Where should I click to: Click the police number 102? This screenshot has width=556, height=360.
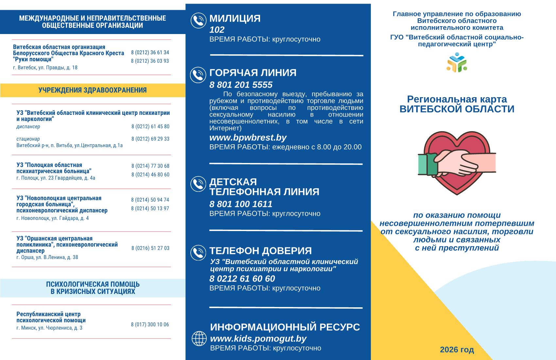click(x=217, y=30)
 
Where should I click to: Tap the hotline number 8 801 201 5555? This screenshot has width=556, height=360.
click(x=241, y=85)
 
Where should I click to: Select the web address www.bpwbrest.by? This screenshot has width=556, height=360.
click(x=248, y=137)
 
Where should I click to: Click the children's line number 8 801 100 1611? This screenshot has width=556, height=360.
click(x=241, y=204)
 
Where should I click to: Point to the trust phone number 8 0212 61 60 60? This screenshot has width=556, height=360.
click(x=242, y=279)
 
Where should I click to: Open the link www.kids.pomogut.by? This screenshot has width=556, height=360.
click(x=258, y=338)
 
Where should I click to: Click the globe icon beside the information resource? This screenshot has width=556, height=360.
click(x=199, y=338)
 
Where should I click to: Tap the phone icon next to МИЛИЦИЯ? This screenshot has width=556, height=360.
click(x=198, y=21)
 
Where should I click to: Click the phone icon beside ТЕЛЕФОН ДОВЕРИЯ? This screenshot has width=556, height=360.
click(x=198, y=253)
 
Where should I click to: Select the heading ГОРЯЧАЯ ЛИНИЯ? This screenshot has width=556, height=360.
click(x=253, y=73)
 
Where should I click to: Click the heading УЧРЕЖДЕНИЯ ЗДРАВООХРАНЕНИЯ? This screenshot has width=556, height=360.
click(x=93, y=90)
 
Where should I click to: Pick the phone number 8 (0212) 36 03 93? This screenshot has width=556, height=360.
click(x=150, y=61)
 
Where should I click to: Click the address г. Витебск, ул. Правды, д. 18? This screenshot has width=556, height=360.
click(x=45, y=68)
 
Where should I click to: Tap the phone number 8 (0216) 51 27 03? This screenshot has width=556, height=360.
click(x=150, y=248)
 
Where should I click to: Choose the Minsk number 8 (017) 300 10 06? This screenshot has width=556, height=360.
click(x=150, y=325)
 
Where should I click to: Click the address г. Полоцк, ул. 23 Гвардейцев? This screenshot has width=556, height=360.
click(x=56, y=178)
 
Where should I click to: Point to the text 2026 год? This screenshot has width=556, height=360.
click(x=457, y=350)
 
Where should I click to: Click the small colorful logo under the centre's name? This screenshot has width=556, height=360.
click(x=457, y=62)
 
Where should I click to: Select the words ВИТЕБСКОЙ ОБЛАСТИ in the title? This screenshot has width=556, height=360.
click(x=457, y=109)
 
